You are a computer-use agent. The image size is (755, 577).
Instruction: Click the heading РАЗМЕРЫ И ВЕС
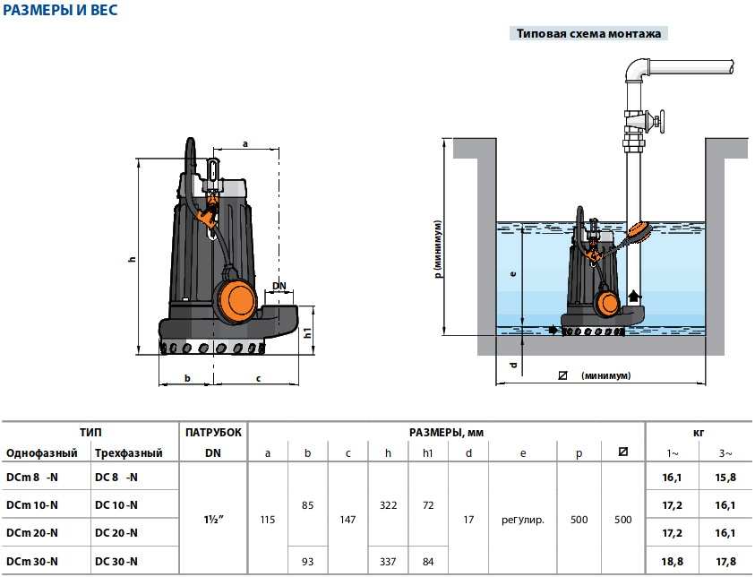[60, 12]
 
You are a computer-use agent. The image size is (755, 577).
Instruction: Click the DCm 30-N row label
[32, 561]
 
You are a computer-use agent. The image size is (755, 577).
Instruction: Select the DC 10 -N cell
[116, 505]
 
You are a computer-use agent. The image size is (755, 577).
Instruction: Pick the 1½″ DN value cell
[212, 519]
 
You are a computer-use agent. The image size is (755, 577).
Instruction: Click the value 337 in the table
[388, 561]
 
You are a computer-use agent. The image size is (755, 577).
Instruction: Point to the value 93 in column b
[308, 561]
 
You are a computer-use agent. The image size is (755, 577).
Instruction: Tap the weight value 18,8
[673, 561]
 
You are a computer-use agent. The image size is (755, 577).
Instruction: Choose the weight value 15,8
[725, 477]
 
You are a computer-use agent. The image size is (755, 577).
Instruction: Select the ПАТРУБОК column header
[213, 433]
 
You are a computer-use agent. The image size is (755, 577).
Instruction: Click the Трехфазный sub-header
[128, 453]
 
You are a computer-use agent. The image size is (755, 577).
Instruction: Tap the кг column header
[699, 433]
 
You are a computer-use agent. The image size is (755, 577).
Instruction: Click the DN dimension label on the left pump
[279, 287]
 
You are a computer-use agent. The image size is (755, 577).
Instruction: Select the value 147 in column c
[347, 519]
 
